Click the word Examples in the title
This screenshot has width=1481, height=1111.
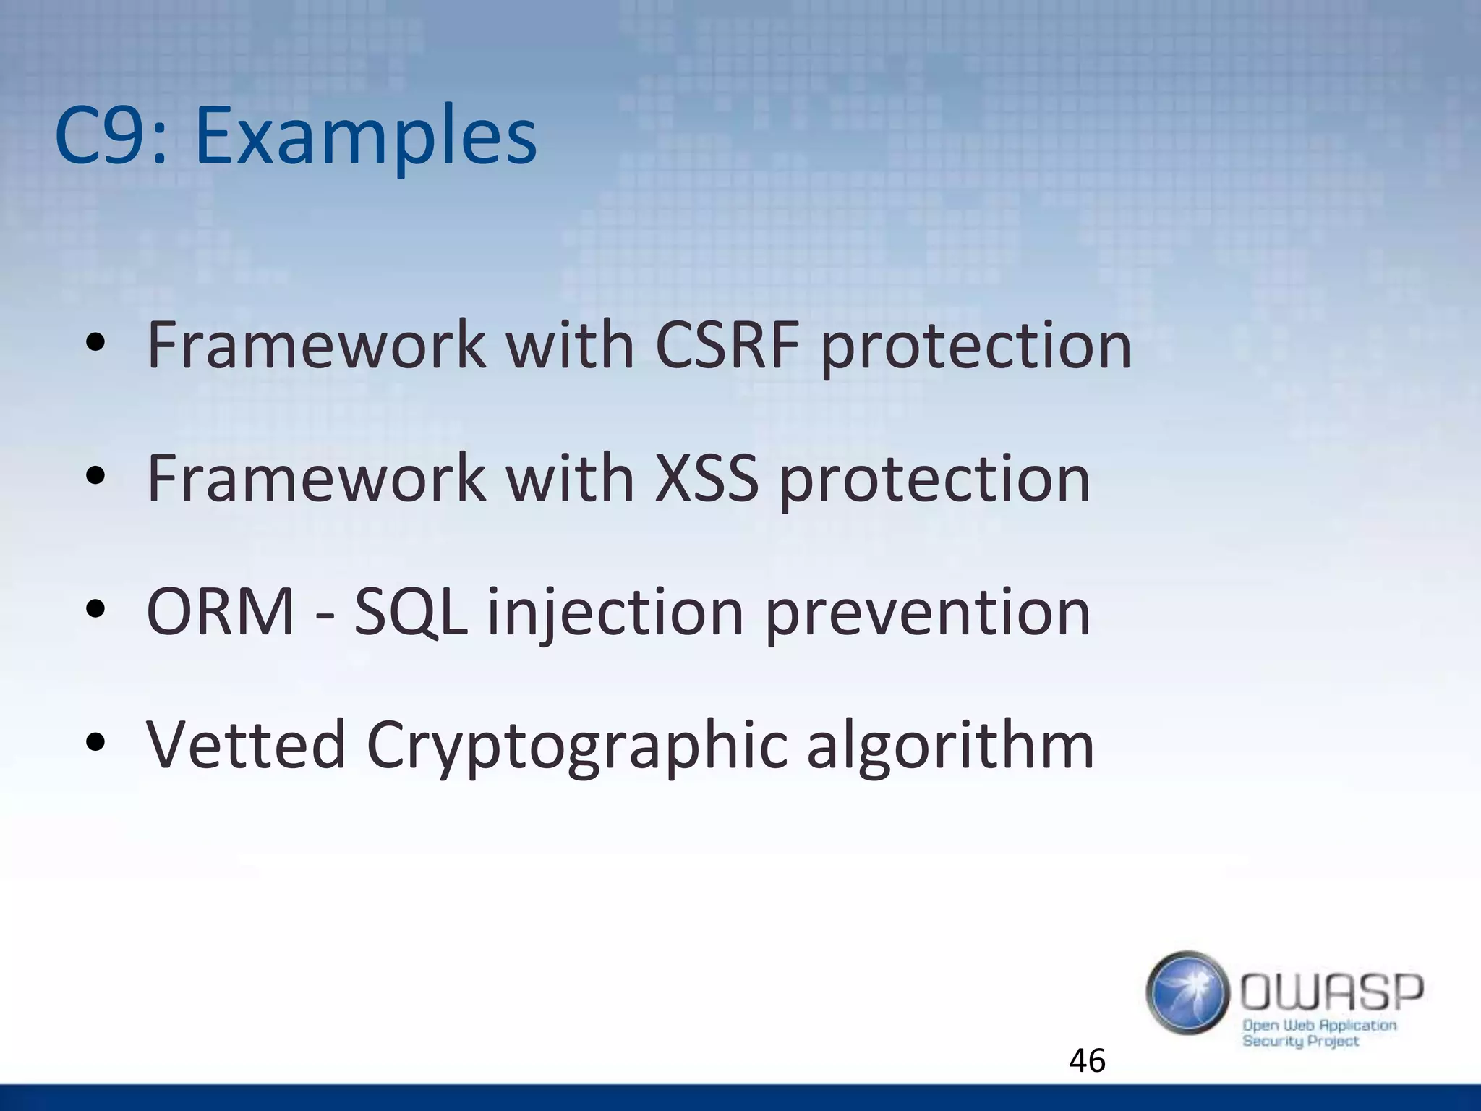(365, 137)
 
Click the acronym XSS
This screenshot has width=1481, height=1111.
(707, 478)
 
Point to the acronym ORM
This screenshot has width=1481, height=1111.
(221, 612)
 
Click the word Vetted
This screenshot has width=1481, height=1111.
(246, 745)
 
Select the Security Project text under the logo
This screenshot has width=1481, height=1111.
(1300, 1041)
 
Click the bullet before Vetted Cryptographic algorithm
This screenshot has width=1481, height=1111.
(95, 743)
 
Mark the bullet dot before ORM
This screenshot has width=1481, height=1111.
(95, 609)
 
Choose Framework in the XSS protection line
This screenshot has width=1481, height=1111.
(316, 478)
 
